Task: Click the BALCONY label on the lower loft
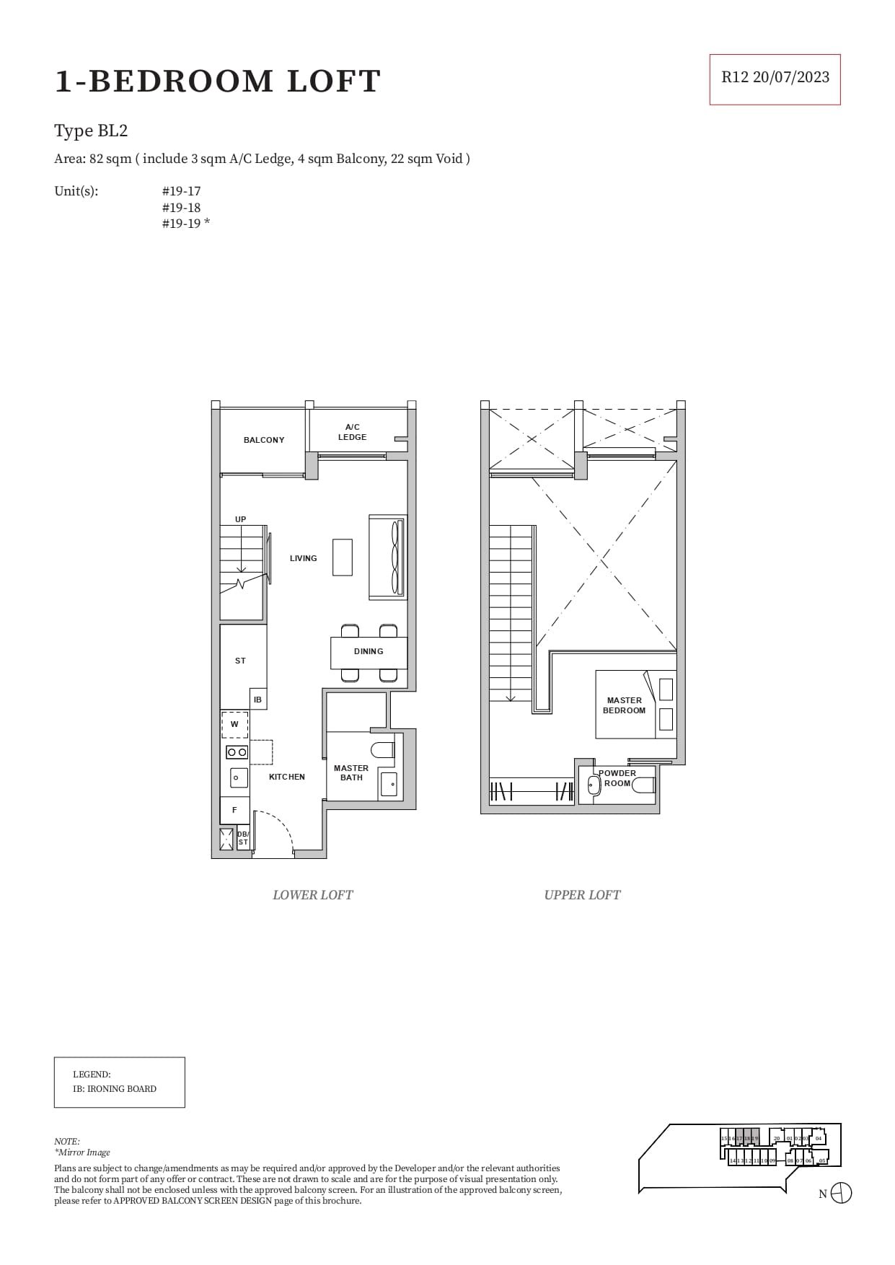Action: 264,440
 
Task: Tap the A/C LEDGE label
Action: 352,432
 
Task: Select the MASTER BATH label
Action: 351,772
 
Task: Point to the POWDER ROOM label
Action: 617,777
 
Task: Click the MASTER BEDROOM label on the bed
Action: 625,705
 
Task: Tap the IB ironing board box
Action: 257,700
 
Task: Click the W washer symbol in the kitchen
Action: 234,724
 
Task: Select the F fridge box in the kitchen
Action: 234,810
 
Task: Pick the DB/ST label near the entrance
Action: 243,838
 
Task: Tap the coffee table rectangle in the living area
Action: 343,557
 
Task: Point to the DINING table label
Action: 369,651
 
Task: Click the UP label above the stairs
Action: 240,519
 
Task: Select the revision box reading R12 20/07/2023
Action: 775,78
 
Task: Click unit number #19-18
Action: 181,207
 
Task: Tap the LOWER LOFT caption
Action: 312,895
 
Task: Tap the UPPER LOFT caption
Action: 582,895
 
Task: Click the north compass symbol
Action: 841,1193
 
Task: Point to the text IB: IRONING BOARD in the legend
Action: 114,1089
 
